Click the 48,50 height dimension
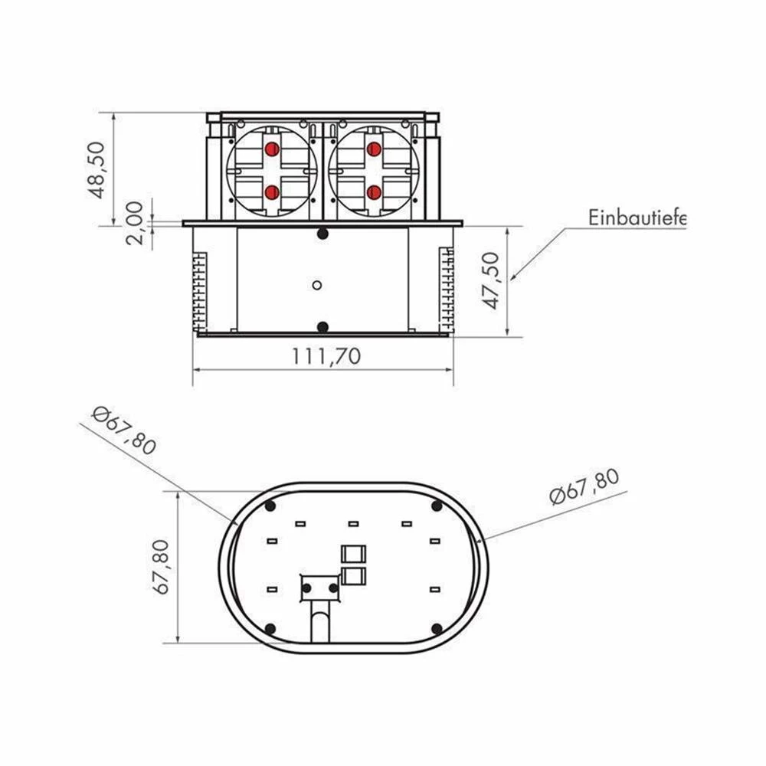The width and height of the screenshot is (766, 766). pyautogui.click(x=97, y=169)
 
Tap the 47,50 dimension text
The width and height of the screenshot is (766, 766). pyautogui.click(x=493, y=280)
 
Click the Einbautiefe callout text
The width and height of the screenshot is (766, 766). pyautogui.click(x=637, y=218)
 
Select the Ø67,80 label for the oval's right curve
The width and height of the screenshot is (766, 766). pyautogui.click(x=584, y=486)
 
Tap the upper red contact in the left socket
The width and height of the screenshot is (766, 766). pyautogui.click(x=271, y=149)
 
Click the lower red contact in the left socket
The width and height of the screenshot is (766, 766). pyautogui.click(x=271, y=192)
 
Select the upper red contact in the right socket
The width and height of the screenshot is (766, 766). pyautogui.click(x=374, y=149)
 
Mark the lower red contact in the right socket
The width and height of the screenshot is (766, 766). pyautogui.click(x=374, y=192)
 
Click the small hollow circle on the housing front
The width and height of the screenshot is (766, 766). pyautogui.click(x=317, y=285)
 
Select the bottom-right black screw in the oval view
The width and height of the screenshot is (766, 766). pyautogui.click(x=437, y=628)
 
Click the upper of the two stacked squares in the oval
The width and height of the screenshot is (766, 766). pyautogui.click(x=353, y=553)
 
